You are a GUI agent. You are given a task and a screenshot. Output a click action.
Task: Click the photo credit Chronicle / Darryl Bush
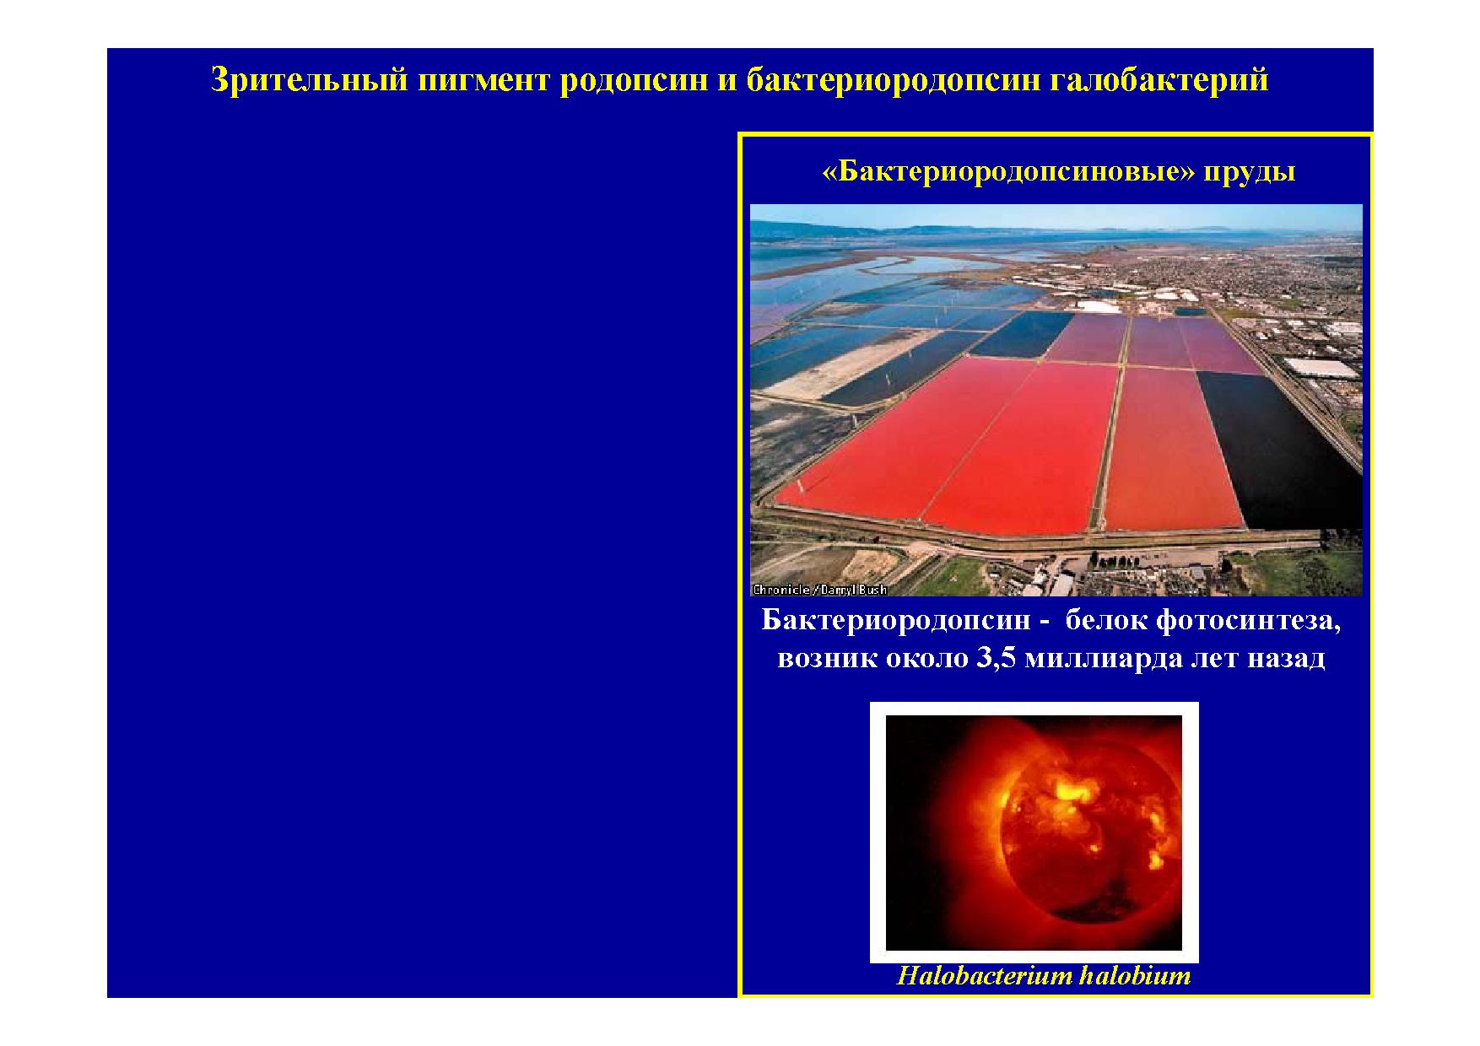click(x=819, y=590)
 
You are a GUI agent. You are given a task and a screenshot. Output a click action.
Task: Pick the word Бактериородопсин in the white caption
click(x=896, y=621)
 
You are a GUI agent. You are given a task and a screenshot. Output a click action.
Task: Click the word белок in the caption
click(x=1106, y=620)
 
